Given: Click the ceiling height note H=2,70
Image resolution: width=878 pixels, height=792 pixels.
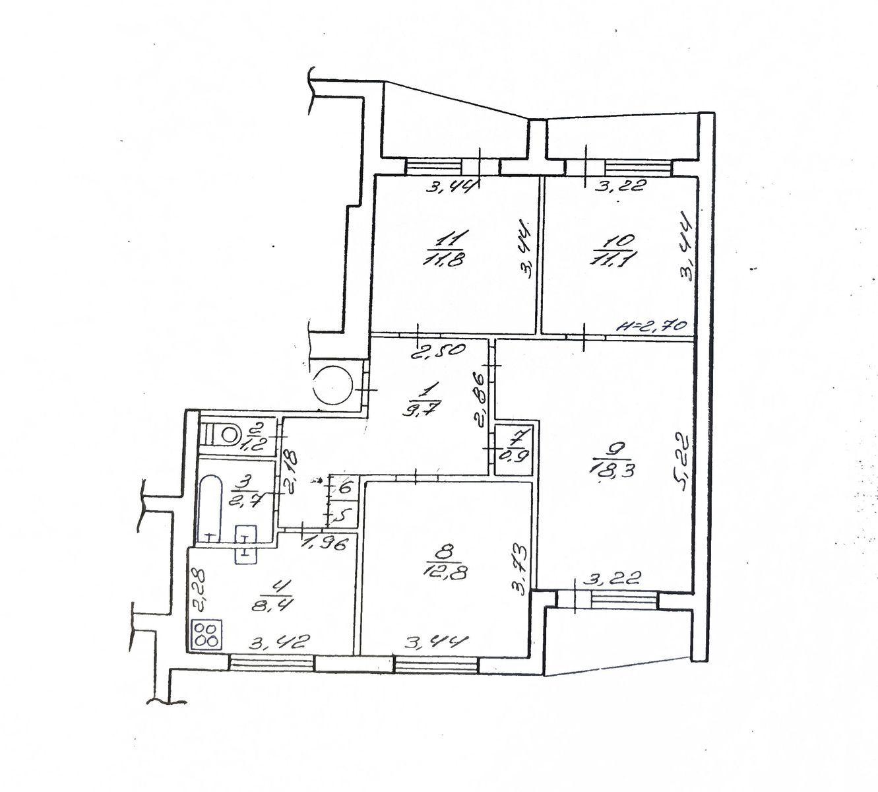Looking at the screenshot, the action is pos(652,326).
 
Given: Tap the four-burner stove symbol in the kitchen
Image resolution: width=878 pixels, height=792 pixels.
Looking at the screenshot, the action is pos(206,635).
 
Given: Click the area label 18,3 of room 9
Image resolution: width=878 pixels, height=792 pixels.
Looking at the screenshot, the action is pos(613,472).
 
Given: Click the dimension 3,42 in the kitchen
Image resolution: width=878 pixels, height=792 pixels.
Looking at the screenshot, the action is pos(279,643).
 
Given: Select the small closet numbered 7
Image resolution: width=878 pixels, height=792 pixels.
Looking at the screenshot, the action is pos(513,449).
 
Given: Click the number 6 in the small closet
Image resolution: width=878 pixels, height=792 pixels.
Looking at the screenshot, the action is pos(345,488).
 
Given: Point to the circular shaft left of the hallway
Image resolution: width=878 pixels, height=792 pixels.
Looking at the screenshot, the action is pos(332,385).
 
